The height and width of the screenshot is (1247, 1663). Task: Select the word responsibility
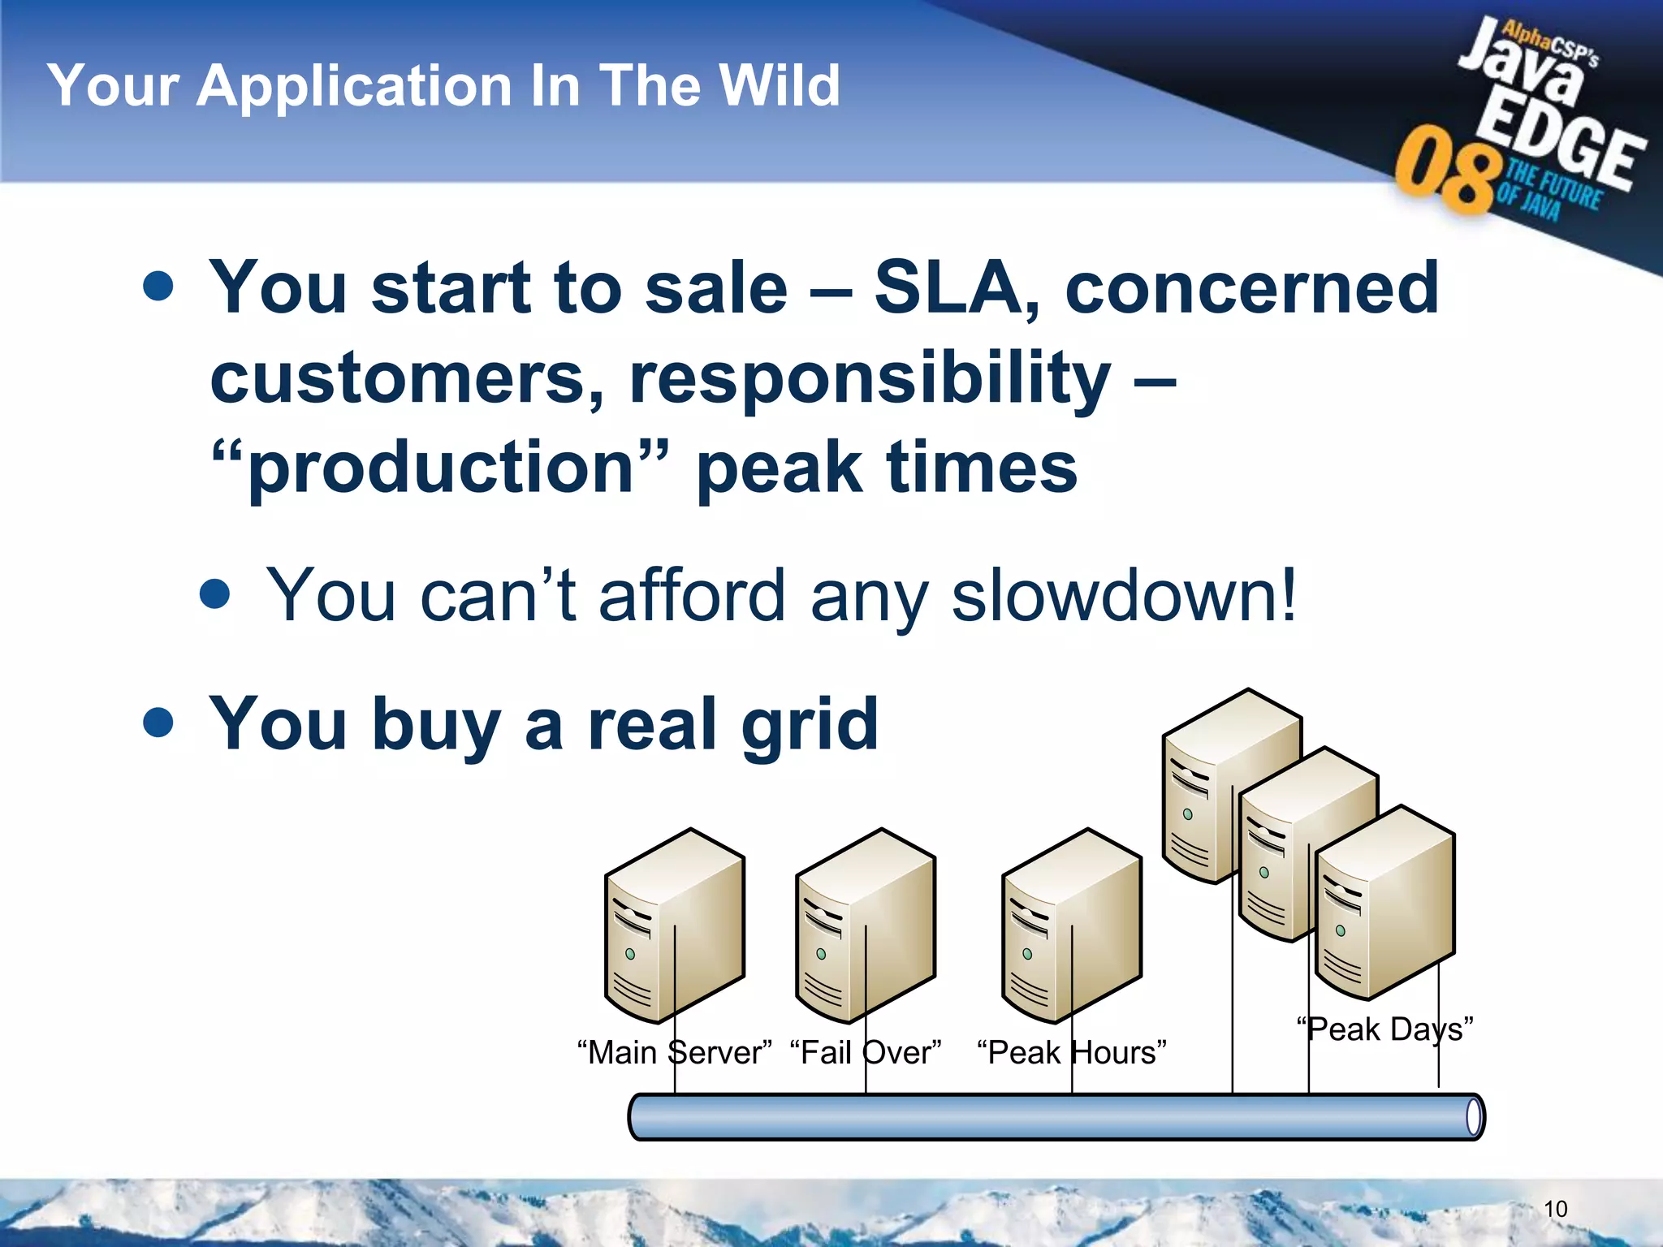pyautogui.click(x=870, y=378)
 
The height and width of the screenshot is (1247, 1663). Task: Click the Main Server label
pyautogui.click(x=674, y=1053)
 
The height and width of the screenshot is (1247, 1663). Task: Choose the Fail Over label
pyautogui.click(x=866, y=1053)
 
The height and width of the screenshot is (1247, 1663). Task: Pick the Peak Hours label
pyautogui.click(x=1072, y=1053)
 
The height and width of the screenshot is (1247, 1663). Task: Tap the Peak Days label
pyautogui.click(x=1384, y=1029)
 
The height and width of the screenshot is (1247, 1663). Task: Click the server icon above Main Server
pyautogui.click(x=674, y=926)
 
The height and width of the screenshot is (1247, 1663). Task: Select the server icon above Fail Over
pyautogui.click(x=866, y=926)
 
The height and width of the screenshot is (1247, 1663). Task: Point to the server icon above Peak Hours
pyautogui.click(x=1072, y=926)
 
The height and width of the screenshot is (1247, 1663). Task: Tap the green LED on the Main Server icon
pyautogui.click(x=630, y=954)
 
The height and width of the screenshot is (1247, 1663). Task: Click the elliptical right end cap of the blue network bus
pyautogui.click(x=1474, y=1118)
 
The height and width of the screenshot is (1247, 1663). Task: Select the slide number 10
pyautogui.click(x=1555, y=1209)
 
